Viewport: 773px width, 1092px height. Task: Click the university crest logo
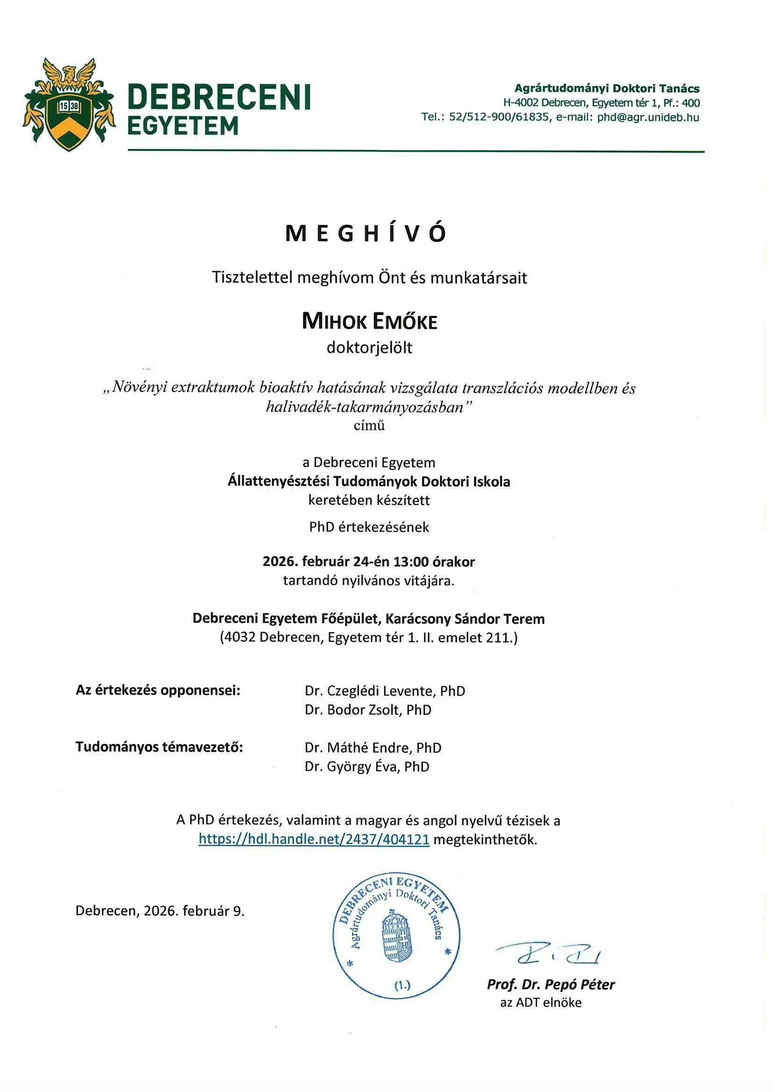click(x=69, y=104)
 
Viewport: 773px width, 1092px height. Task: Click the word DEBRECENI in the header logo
click(x=219, y=98)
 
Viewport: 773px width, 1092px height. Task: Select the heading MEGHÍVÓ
click(x=365, y=234)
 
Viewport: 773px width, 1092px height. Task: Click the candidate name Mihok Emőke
click(x=369, y=321)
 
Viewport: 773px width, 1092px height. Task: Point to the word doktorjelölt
click(x=369, y=347)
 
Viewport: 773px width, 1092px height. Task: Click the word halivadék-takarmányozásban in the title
click(x=365, y=407)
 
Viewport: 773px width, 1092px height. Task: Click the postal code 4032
click(x=240, y=638)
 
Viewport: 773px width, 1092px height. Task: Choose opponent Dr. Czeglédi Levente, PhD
click(x=385, y=691)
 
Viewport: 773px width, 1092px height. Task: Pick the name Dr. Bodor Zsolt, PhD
click(x=368, y=709)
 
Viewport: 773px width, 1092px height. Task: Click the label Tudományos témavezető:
click(x=159, y=747)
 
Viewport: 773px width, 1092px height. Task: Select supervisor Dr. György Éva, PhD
click(x=367, y=766)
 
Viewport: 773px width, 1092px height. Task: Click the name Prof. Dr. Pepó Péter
click(x=551, y=984)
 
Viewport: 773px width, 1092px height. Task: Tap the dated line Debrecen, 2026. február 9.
click(x=160, y=911)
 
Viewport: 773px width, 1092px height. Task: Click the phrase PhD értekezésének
click(x=369, y=527)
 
